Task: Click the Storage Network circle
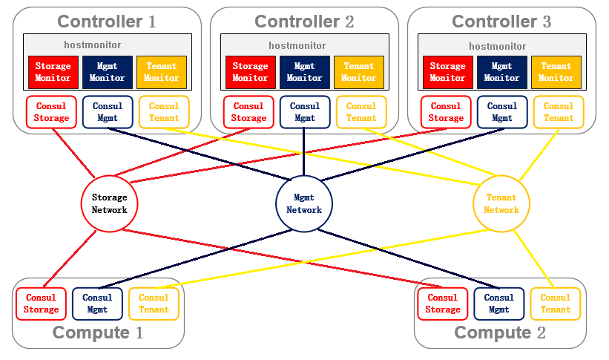point(110,203)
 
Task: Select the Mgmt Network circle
point(304,203)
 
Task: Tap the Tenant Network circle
point(501,203)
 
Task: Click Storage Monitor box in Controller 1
point(53,72)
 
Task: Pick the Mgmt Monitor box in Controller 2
point(304,72)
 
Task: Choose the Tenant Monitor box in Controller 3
point(556,72)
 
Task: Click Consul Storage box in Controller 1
point(51,112)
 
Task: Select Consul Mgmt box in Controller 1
point(108,112)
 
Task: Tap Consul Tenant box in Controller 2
point(361,112)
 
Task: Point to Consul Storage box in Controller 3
point(446,112)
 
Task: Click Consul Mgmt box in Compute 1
point(97,304)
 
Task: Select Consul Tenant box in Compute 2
point(555,304)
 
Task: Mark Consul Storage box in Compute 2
point(443,304)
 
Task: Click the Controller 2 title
point(304,22)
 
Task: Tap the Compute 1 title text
point(98,333)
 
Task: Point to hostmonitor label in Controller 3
point(499,45)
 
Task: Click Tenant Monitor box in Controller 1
point(161,72)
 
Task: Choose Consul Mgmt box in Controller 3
point(502,112)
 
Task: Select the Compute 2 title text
point(499,333)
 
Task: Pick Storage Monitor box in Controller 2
point(250,72)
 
